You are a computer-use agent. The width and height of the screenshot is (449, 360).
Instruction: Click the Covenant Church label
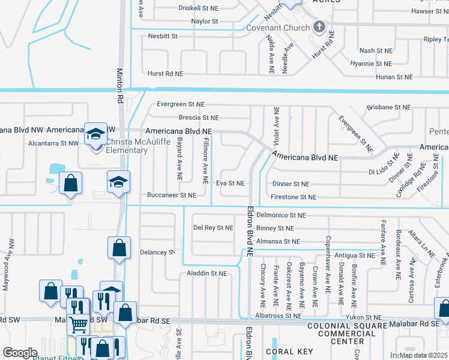coord(279,28)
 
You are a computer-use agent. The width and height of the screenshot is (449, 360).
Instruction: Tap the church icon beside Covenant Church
coord(319,27)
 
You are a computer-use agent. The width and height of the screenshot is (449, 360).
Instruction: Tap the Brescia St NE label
coord(198,118)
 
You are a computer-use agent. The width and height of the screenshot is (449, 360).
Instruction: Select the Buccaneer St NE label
coord(172,195)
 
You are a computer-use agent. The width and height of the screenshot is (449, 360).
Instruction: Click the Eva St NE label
coord(231,183)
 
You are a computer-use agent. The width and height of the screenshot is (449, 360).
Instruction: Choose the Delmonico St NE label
coord(281,214)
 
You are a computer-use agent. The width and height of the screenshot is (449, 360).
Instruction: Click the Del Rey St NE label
coord(212,228)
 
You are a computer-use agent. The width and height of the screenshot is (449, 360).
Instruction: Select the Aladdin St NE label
coord(206,273)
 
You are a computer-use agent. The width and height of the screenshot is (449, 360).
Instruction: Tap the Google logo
coord(20,352)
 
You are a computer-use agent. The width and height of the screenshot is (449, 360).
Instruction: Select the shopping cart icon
coord(79,324)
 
